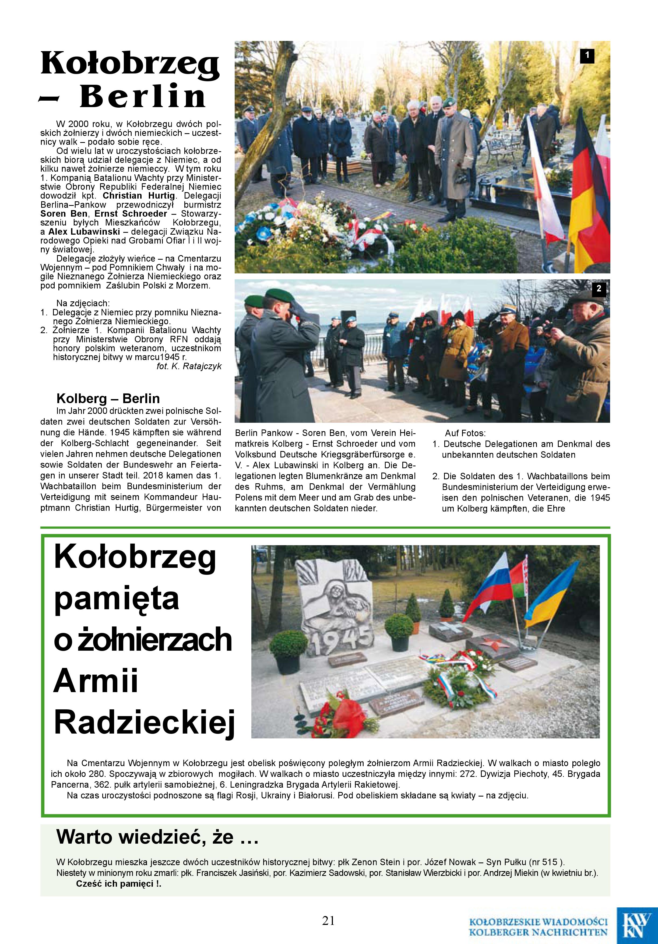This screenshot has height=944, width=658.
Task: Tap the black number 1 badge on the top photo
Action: [587, 55]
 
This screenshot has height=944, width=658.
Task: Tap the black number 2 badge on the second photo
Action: [599, 289]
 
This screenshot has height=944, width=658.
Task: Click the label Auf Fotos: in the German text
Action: [465, 433]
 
